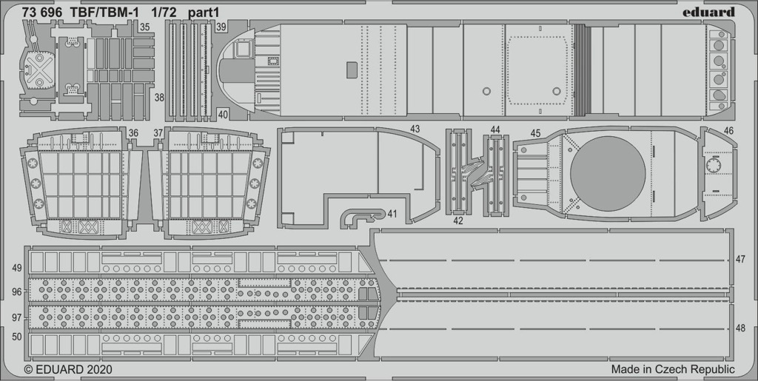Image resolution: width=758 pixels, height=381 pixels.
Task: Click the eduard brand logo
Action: [x=708, y=12]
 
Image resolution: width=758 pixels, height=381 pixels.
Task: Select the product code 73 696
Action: [x=41, y=13]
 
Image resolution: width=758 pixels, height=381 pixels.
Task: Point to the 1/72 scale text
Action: [x=162, y=13]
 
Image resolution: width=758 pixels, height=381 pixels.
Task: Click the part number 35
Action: [x=144, y=27]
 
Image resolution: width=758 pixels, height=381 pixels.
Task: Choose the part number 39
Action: [x=221, y=27]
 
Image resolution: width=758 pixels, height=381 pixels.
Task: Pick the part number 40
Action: [x=223, y=115]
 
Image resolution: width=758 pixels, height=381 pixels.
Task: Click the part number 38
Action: [x=160, y=98]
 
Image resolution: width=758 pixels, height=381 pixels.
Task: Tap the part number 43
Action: [x=415, y=129]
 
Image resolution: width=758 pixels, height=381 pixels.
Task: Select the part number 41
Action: [x=392, y=213]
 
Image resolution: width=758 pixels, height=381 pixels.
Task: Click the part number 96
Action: [x=17, y=291]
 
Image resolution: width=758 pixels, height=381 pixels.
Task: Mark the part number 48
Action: [x=740, y=328]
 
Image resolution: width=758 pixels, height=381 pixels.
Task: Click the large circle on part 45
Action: [x=608, y=173]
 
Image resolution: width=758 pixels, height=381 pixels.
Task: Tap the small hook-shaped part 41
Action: [x=363, y=217]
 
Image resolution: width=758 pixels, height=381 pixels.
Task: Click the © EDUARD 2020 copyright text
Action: [x=68, y=370]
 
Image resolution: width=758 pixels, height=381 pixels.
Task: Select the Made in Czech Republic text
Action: [x=673, y=370]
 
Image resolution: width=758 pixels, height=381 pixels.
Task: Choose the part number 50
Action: [x=17, y=337]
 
